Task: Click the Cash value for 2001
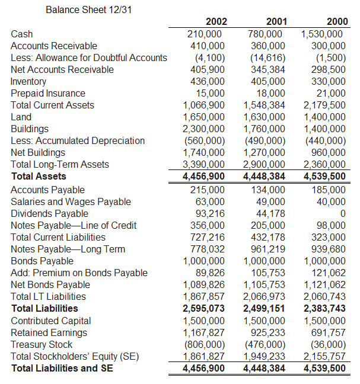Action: (266, 34)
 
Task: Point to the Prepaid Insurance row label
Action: (48, 93)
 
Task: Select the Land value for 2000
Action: (323, 117)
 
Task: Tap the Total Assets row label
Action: (39, 176)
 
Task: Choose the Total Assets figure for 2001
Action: (264, 176)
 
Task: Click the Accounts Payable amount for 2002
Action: (207, 190)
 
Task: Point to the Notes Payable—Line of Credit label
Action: (74, 225)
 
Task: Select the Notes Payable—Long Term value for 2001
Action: (266, 249)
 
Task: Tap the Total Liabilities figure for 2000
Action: (324, 308)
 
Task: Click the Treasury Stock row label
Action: (42, 344)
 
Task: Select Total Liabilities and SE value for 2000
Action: (324, 368)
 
